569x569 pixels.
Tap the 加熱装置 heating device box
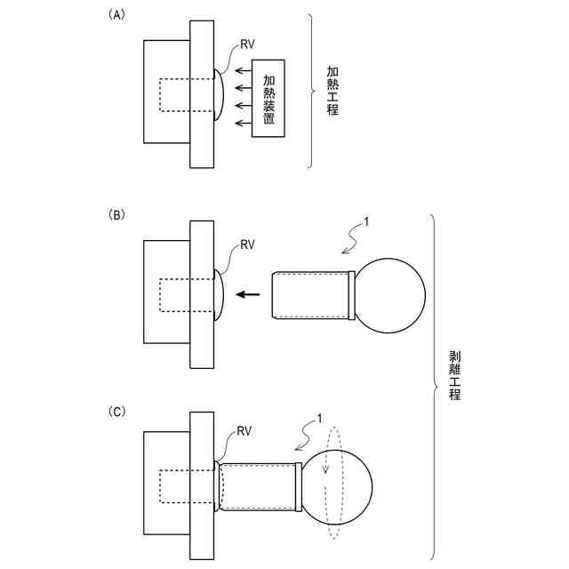(x=269, y=98)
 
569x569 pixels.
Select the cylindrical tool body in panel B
(x=311, y=296)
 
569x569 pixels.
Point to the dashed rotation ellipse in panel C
(x=335, y=485)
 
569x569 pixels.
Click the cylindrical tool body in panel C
(x=260, y=485)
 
